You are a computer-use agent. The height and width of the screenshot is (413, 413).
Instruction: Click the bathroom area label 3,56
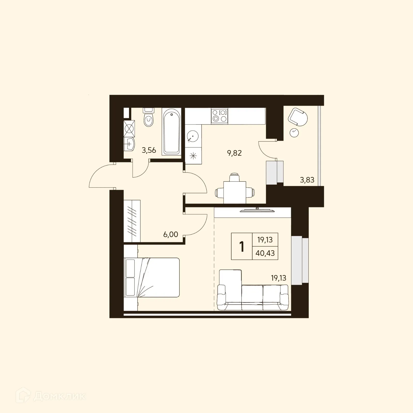149,150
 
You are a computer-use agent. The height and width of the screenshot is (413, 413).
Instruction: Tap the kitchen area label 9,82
234,153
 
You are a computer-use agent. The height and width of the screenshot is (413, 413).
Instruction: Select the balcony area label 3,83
307,180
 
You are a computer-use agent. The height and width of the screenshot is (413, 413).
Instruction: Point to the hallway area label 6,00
171,234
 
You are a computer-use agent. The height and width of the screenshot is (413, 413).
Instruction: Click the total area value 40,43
265,253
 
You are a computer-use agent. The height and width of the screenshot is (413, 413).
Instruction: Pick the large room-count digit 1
242,247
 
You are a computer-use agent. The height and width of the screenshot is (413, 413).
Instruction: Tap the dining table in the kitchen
235,192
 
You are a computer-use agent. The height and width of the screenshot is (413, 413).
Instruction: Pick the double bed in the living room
152,277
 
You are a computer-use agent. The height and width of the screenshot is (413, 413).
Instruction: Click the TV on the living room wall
257,210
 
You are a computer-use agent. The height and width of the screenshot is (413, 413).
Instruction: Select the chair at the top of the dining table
235,178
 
